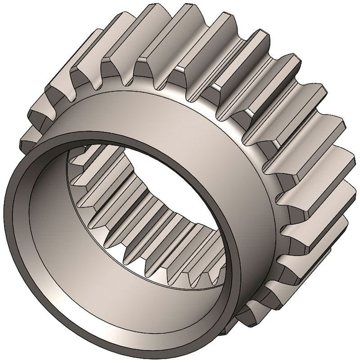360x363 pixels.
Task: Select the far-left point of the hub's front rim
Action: (x=7, y=218)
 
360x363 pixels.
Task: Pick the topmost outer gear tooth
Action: (x=187, y=21)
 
